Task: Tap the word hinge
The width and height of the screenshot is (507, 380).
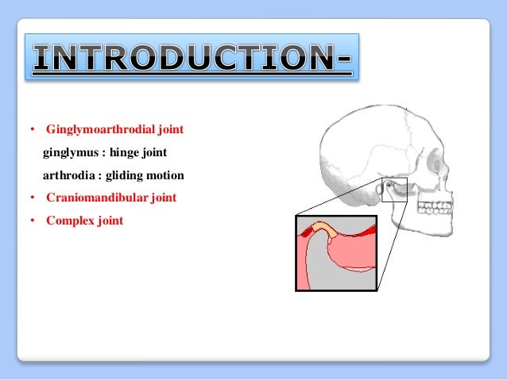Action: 123,152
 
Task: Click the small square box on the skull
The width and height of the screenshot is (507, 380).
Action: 393,190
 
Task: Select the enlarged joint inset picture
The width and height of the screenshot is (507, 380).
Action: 335,253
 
